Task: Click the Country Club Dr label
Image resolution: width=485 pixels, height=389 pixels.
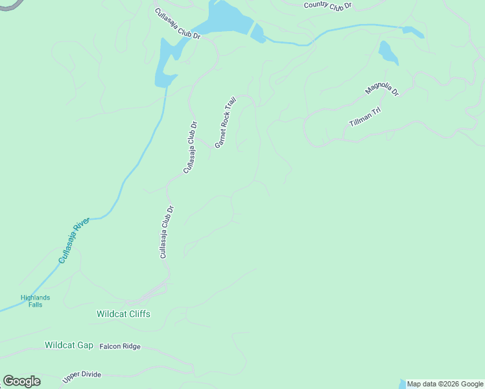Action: pyautogui.click(x=327, y=5)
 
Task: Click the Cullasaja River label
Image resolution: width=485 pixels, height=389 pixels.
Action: pyautogui.click(x=73, y=241)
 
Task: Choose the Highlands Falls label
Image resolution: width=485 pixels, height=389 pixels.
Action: pyautogui.click(x=35, y=301)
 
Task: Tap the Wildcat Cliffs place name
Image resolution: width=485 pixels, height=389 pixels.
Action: pyautogui.click(x=123, y=314)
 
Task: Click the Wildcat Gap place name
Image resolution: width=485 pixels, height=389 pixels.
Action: pyautogui.click(x=69, y=345)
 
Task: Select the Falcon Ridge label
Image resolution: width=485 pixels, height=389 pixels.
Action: pyautogui.click(x=120, y=347)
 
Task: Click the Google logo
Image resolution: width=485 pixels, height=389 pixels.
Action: pyautogui.click(x=21, y=381)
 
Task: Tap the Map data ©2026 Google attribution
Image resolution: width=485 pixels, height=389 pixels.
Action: pyautogui.click(x=445, y=384)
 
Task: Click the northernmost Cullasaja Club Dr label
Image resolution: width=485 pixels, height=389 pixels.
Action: pyautogui.click(x=178, y=24)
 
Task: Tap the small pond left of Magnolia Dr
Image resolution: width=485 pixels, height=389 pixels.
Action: pyautogui.click(x=388, y=53)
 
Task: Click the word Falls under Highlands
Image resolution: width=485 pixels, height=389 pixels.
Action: pyautogui.click(x=35, y=305)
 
